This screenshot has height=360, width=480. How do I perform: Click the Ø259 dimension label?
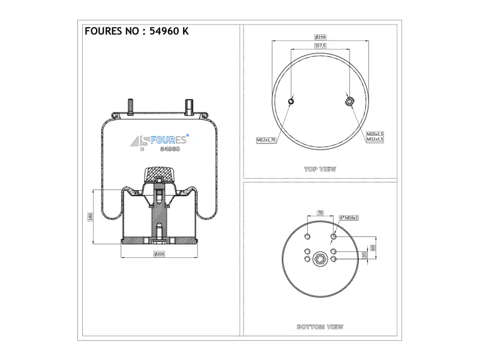click(320, 37)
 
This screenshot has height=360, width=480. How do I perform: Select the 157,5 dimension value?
click(320, 46)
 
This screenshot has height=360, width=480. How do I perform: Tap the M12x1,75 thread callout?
click(266, 140)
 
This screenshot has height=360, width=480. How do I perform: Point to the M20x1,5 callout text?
click(375, 134)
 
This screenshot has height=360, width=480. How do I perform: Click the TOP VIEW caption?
click(320, 169)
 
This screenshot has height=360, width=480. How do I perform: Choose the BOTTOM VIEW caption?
click(320, 327)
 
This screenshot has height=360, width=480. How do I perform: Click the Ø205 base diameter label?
click(159, 254)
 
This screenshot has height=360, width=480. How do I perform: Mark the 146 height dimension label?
click(91, 217)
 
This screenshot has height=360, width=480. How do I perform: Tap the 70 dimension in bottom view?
click(320, 212)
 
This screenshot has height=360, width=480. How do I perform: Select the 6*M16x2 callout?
click(349, 218)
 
